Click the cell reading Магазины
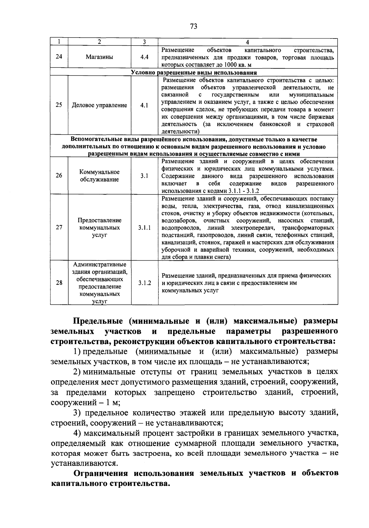point(99,57)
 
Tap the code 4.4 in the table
point(144,57)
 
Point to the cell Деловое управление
point(99,105)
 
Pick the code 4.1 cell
point(144,105)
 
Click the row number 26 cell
point(59,176)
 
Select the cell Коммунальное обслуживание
point(99,176)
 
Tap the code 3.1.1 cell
point(144,228)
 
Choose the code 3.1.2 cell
point(144,283)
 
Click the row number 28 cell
point(59,283)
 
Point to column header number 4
point(248,42)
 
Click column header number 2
point(99,42)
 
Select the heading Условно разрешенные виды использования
point(194,73)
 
